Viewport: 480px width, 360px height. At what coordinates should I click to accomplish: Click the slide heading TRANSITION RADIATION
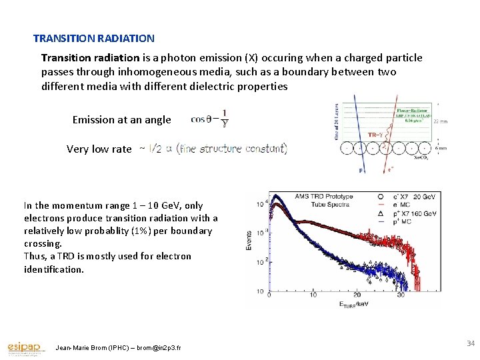coord(94,39)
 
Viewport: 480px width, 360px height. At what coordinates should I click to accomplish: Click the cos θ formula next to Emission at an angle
coord(209,119)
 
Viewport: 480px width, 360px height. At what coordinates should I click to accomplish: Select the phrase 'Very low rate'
coord(99,149)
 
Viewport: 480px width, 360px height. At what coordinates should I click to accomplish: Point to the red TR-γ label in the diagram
coord(376,134)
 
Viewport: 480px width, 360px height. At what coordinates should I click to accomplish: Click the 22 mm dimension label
coord(440,122)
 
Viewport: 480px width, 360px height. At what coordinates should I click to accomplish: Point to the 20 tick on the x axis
coord(356,295)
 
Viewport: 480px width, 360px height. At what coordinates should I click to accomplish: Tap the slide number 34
coord(471,343)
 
